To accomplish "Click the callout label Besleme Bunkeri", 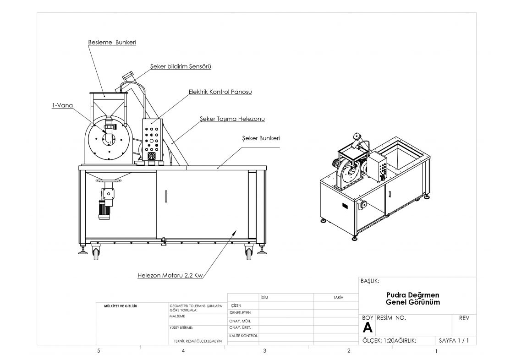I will tap(112, 42).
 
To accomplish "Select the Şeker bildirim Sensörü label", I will tap(181, 66).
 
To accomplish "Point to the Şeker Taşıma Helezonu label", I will tap(232, 119).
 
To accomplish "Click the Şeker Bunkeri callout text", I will tap(261, 138).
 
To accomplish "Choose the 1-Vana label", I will tap(62, 105).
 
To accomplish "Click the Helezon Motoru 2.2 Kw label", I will tap(170, 276).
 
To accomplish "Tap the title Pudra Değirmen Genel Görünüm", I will tap(412, 299).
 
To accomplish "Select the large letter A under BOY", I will tap(367, 327).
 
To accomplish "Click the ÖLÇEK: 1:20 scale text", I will tap(378, 340).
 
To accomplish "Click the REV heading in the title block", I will tap(464, 317).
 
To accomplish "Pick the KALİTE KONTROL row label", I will tap(243, 336).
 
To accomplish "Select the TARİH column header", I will tap(338, 298).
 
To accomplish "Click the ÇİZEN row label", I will tap(236, 305).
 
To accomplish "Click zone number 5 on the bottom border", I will tap(99, 351).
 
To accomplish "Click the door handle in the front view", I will tap(165, 196).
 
